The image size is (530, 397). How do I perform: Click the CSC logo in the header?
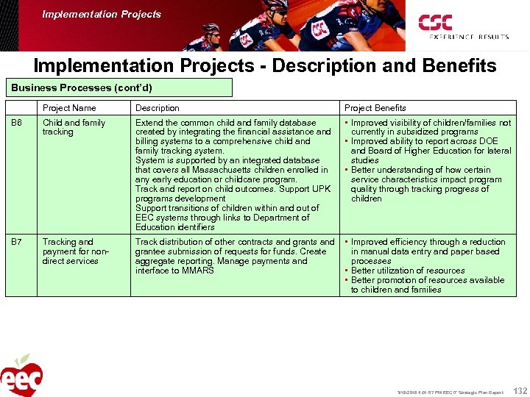coord(435,22)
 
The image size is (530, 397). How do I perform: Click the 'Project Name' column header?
coord(69,108)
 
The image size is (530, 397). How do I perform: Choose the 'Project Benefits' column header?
coord(375,108)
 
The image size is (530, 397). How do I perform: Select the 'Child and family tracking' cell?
coord(74,127)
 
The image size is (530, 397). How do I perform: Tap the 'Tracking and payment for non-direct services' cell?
coord(74,251)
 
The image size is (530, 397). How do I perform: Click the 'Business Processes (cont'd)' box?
coord(82,88)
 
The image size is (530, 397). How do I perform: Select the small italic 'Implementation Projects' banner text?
coord(102,14)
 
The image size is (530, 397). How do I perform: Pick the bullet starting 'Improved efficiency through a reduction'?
coord(427,242)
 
